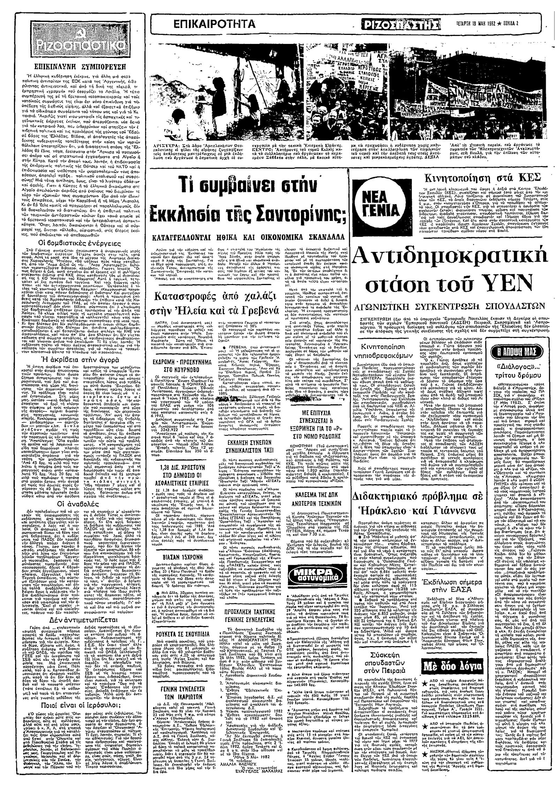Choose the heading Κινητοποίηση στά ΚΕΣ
(x=482, y=177)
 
